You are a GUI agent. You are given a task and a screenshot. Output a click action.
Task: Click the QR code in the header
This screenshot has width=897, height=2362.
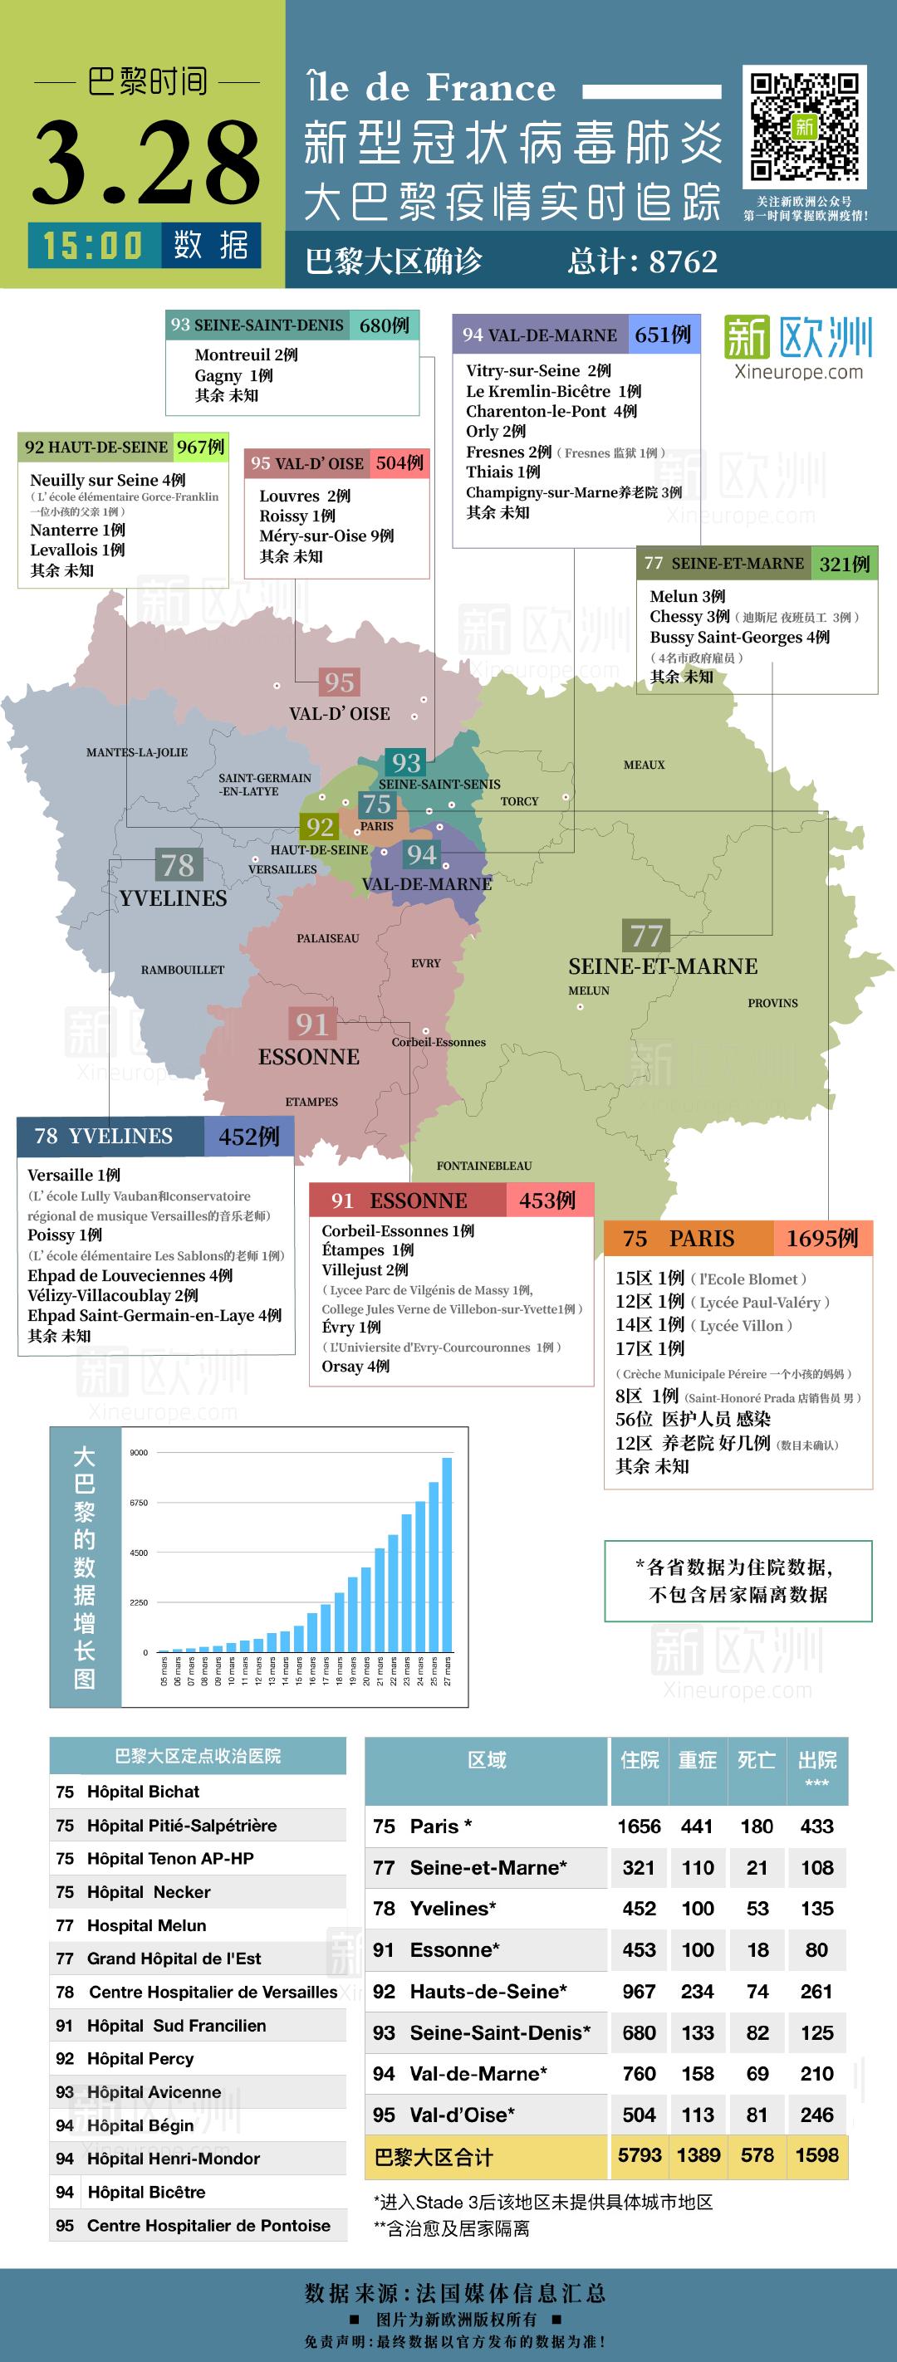pos(804,125)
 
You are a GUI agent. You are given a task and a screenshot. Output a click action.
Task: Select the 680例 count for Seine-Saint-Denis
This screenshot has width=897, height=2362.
pos(385,325)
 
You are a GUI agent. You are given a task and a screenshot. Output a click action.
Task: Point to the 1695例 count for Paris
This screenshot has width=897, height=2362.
pos(821,1238)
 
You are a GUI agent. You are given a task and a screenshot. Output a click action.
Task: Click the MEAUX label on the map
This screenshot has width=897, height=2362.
pos(644,765)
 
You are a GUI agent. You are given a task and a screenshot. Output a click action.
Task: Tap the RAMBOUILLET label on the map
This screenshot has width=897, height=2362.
pos(183,969)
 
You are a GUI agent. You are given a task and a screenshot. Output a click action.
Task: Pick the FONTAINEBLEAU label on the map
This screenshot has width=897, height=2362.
pos(484,1166)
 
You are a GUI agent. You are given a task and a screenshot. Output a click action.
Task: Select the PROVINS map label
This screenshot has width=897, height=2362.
pos(772,1003)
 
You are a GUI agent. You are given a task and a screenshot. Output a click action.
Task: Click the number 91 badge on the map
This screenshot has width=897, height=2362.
pos(311,1024)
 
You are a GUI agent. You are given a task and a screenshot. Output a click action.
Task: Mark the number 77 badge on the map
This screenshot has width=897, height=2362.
pos(647,936)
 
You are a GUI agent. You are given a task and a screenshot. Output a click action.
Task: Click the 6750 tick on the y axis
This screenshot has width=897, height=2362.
pos(139,1503)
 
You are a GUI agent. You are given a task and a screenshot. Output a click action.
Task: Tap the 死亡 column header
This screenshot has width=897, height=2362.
pos(757,1759)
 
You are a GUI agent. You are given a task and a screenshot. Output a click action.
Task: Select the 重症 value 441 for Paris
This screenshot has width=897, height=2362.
pos(697,1826)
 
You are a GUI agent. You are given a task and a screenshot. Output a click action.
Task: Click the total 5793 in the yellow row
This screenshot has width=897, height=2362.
pos(640,2154)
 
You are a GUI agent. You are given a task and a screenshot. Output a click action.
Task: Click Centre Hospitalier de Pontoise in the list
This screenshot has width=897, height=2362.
pos(208,2225)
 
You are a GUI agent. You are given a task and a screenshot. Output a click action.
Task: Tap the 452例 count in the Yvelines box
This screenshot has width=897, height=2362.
pos(248,1137)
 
